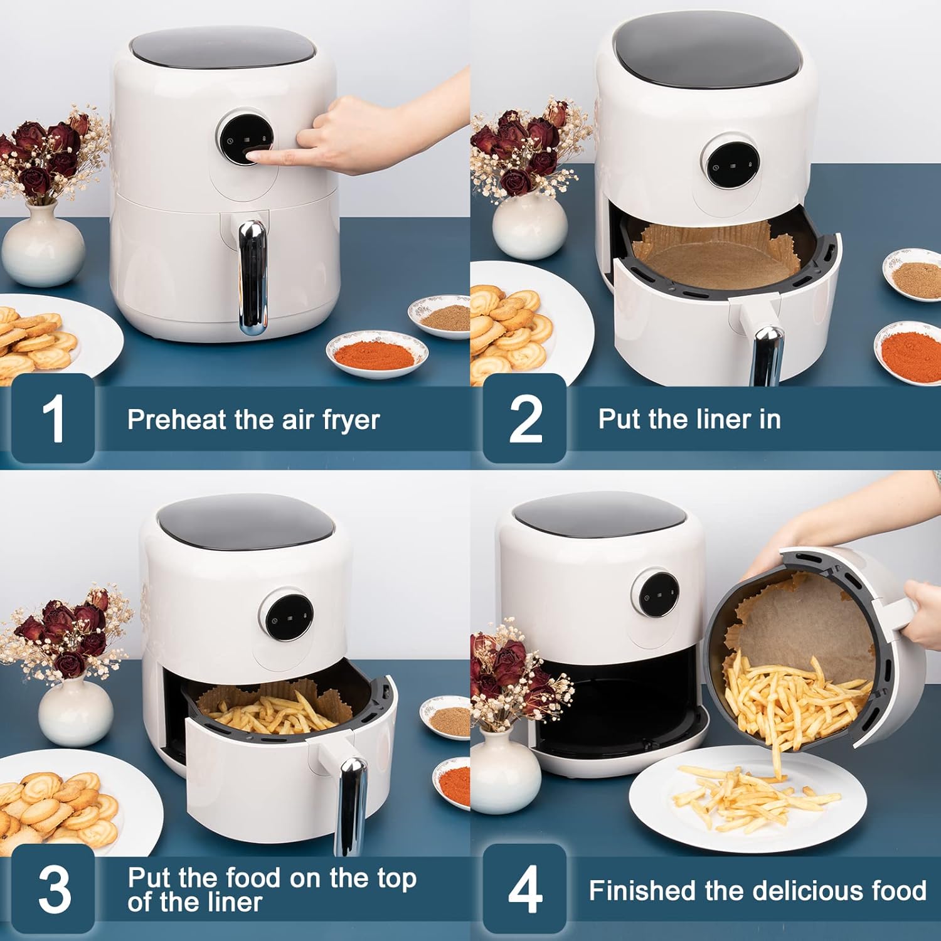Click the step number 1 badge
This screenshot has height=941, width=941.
coord(53,418)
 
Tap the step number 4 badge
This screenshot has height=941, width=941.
coord(524,889)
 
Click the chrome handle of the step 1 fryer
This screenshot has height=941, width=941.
coord(252,276)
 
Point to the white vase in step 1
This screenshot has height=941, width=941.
coord(43,246)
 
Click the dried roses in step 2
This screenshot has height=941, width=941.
coord(521,151)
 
